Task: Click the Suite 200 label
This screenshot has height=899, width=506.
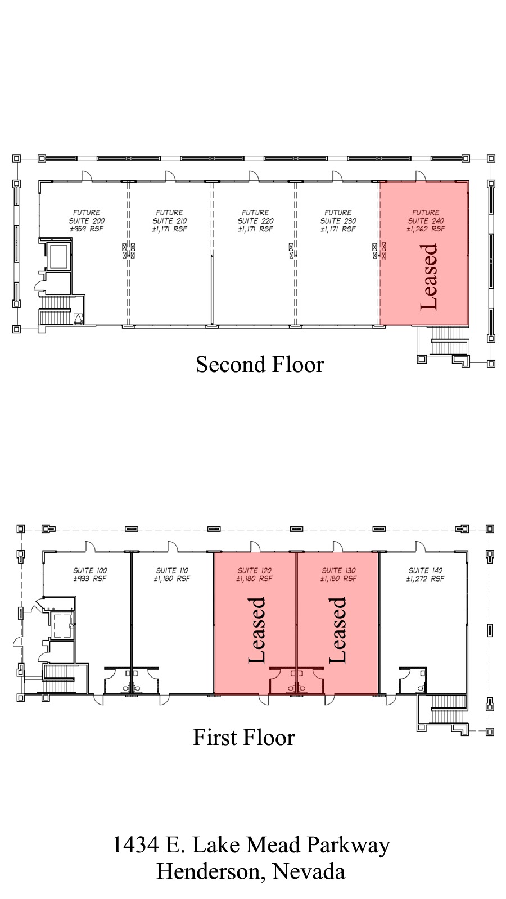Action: point(87,221)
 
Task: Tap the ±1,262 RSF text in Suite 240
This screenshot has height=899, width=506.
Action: point(426,229)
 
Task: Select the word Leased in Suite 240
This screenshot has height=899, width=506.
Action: point(429,277)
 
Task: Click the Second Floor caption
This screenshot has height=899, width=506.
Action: point(260,365)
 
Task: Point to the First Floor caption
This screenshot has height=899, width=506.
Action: point(243,738)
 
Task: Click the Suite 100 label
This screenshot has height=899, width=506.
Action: point(90,570)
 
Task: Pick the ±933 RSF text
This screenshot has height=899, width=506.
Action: point(90,579)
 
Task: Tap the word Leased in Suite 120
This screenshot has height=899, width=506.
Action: point(256,630)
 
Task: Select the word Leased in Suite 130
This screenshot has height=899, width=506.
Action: point(337,630)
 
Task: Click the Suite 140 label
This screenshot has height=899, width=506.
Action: point(426,570)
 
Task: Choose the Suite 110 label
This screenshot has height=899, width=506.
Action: point(172,570)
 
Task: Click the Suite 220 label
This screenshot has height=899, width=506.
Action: point(255,221)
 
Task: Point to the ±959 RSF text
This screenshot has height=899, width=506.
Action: point(87,229)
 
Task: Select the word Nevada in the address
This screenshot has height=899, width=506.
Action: point(309,871)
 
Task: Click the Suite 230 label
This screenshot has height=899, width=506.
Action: point(338,221)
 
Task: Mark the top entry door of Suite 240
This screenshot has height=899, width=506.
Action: point(421,176)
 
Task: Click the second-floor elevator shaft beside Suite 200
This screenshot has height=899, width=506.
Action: point(58,256)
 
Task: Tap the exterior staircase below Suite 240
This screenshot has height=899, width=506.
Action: point(449,339)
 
